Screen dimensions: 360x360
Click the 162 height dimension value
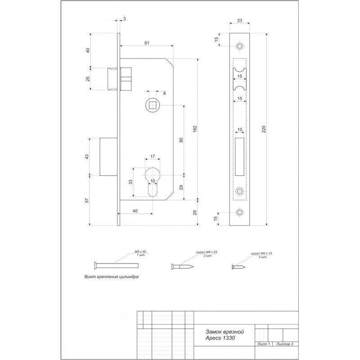pos(195,129)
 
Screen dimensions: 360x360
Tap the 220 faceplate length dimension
pos(264,129)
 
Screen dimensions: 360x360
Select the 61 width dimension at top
pos(147,43)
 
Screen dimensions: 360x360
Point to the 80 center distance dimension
pos(181,140)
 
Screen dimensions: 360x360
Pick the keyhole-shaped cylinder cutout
pos(153,182)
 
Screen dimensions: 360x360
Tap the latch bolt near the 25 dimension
pos(112,79)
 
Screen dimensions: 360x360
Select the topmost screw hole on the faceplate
pos(240,46)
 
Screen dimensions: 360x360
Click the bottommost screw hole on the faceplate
pos(240,212)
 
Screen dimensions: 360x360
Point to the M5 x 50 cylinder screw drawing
pos(116,265)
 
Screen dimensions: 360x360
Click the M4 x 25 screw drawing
pos(183,266)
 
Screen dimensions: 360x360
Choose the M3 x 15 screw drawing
pos(238,267)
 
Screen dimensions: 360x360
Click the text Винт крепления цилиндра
pos(111,277)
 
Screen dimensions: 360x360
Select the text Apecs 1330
pos(220,338)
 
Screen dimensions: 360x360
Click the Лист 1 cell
pos(264,344)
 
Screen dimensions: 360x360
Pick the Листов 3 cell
pos(285,344)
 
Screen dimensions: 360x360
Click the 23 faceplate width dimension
pos(239,20)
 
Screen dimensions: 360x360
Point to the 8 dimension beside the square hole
pos(164,94)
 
